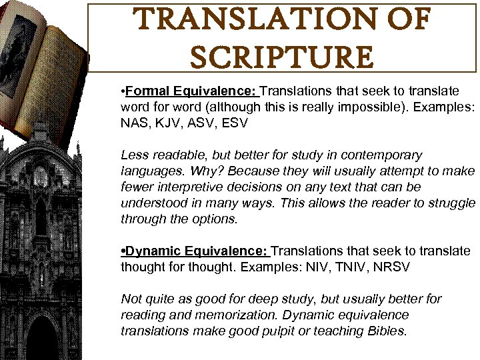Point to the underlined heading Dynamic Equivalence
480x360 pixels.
pyautogui.click(x=197, y=251)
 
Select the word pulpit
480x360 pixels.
pyautogui.click(x=267, y=331)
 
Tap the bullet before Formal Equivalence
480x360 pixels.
pyautogui.click(x=123, y=91)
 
